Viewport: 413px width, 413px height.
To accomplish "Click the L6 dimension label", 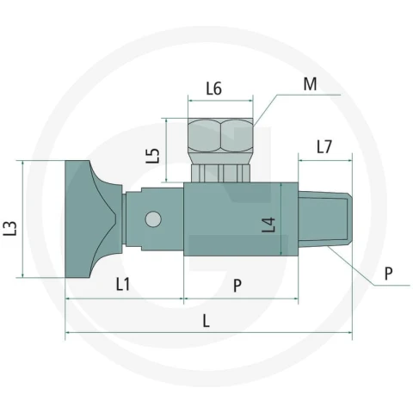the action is (x=214, y=89).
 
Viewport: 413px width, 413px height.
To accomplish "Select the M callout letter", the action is (x=310, y=84).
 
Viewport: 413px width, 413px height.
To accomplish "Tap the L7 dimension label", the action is (x=324, y=146).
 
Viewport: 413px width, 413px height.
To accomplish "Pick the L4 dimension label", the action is (x=268, y=225).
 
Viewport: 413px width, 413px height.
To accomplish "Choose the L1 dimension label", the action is (x=123, y=284).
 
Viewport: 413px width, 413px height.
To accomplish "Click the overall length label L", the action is (x=206, y=321).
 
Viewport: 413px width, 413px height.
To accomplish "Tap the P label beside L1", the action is (x=237, y=286).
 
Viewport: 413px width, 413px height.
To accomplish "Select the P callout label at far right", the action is (x=388, y=274).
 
